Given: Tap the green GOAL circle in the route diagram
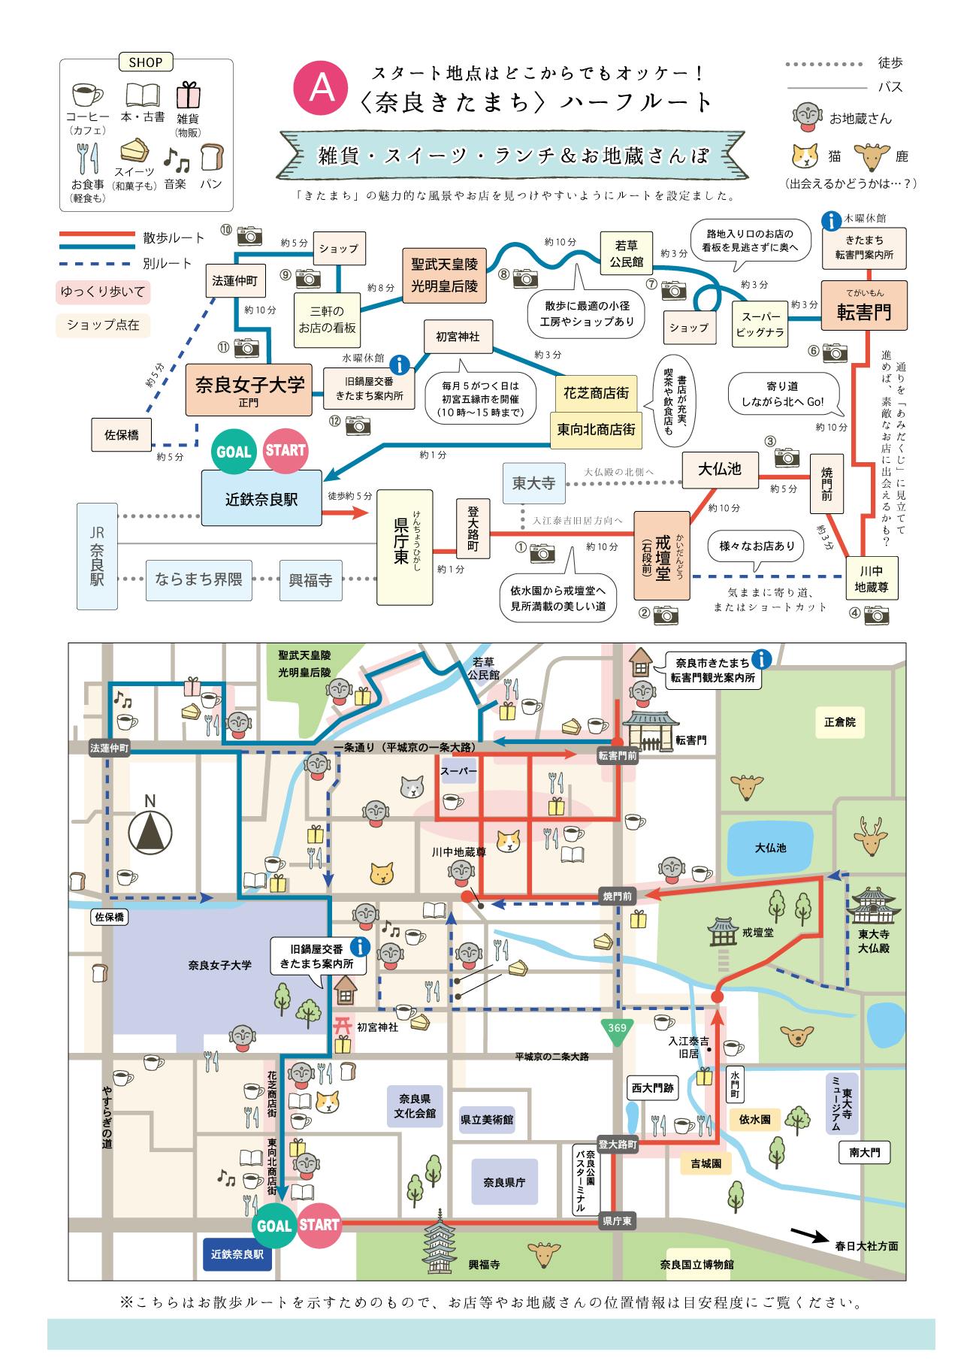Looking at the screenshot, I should pos(233,451).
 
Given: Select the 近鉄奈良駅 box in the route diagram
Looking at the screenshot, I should pos(261,498).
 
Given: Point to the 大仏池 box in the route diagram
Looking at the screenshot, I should pos(720,469).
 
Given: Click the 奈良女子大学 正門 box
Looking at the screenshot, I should pos(249,389).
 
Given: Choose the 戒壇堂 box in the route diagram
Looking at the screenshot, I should pos(661,555).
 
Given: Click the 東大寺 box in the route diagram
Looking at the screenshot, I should pos(533,482).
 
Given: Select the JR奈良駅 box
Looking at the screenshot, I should pos(97,556).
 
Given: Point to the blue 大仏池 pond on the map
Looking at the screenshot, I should pos(771,848).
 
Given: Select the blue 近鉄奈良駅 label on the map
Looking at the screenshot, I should pos(237,1254).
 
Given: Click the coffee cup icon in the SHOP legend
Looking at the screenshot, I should pos(87,95).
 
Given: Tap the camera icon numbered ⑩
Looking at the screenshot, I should pos(249,235).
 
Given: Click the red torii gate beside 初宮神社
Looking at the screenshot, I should pos(343,1024).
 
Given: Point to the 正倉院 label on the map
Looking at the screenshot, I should pos(839,722).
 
